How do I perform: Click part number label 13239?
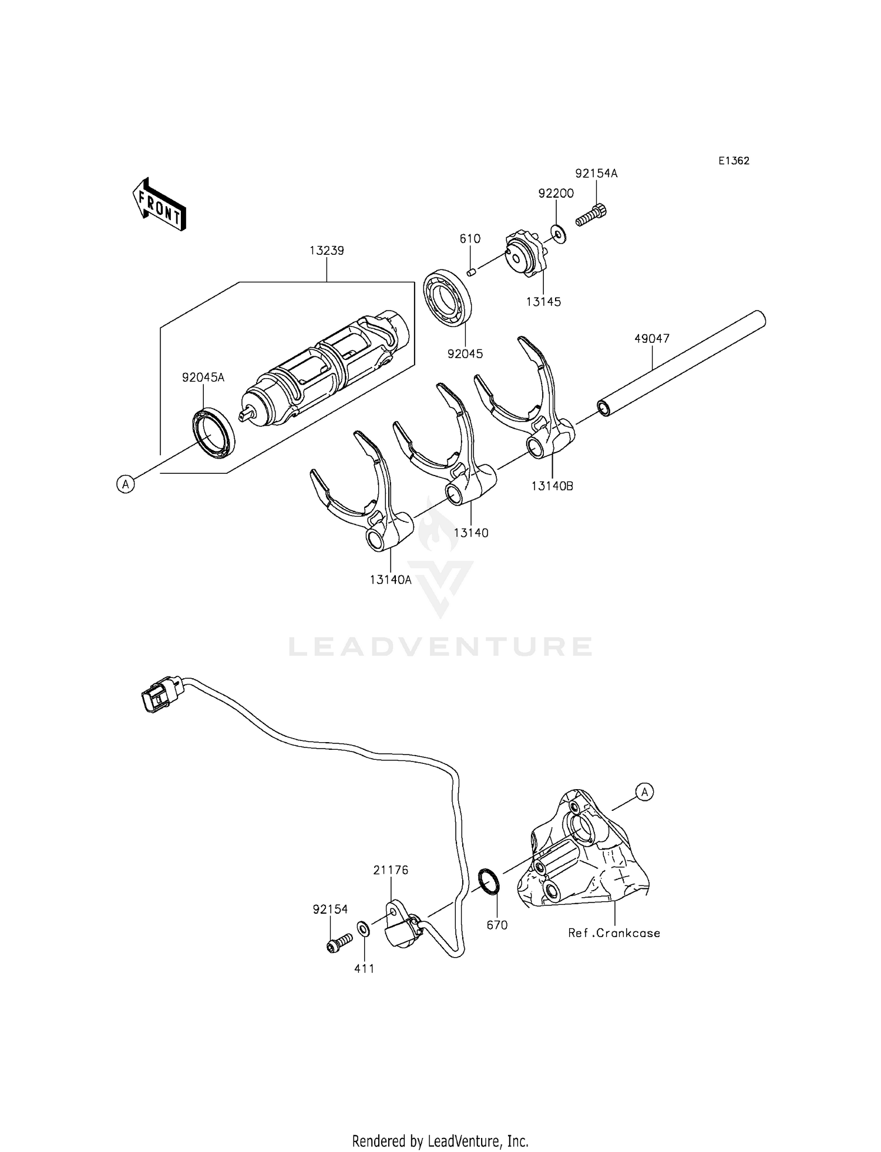327,251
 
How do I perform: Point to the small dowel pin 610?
471,271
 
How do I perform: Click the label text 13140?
471,533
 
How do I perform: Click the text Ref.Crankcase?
614,933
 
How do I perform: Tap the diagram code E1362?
734,161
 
